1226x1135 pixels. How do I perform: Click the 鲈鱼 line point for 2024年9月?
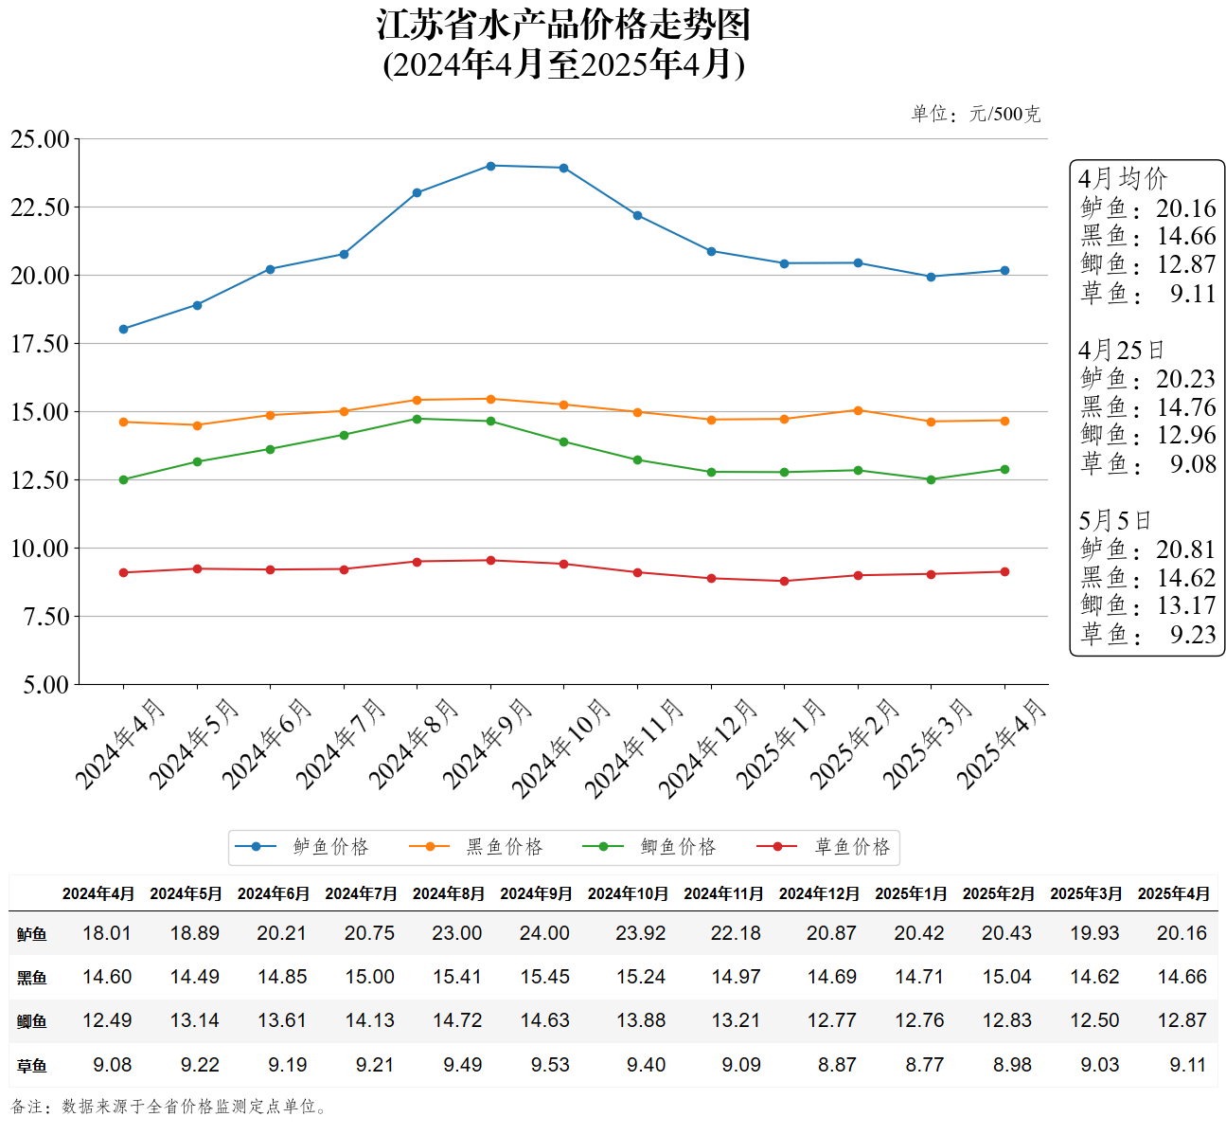tap(490, 166)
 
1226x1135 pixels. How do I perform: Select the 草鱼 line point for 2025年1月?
tap(784, 581)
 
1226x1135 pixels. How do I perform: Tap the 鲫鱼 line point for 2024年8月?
tap(417, 419)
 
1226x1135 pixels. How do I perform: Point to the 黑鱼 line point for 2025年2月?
tap(858, 410)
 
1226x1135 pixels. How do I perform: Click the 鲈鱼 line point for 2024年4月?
tap(123, 329)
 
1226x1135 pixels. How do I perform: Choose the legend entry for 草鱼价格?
tap(825, 847)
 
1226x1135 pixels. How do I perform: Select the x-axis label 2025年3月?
tap(928, 745)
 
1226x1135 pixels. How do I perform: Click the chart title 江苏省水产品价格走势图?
tap(563, 26)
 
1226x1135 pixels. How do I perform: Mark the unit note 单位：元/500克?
tap(975, 115)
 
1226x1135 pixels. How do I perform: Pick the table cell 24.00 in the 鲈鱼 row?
tap(544, 933)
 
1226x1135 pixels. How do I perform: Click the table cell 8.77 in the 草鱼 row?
tap(924, 1065)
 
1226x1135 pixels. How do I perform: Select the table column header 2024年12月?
tap(819, 893)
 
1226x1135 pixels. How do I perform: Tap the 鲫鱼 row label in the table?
tap(32, 1021)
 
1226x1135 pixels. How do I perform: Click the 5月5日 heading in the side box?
tap(1114, 521)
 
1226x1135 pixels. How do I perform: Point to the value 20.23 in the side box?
tap(1185, 379)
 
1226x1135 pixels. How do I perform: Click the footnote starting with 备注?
tap(170, 1107)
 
